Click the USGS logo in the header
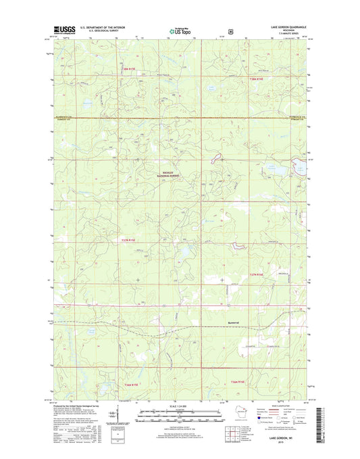click(x=61, y=30)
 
